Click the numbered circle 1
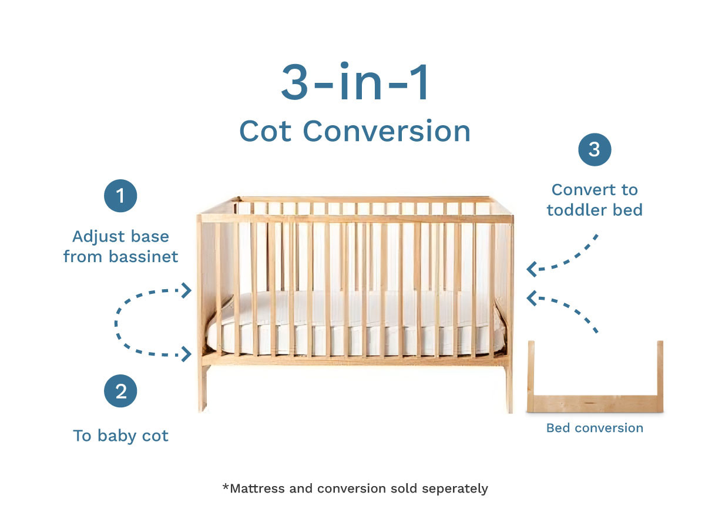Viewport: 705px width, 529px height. pyautogui.click(x=120, y=196)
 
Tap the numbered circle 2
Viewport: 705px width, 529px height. pyautogui.click(x=120, y=391)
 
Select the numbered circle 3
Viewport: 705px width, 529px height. pyautogui.click(x=595, y=150)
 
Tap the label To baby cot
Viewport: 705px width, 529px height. pyautogui.click(x=120, y=436)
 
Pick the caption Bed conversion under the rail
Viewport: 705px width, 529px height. pyautogui.click(x=595, y=428)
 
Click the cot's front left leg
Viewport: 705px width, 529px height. pyautogui.click(x=202, y=388)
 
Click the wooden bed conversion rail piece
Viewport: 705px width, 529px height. pyautogui.click(x=595, y=403)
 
